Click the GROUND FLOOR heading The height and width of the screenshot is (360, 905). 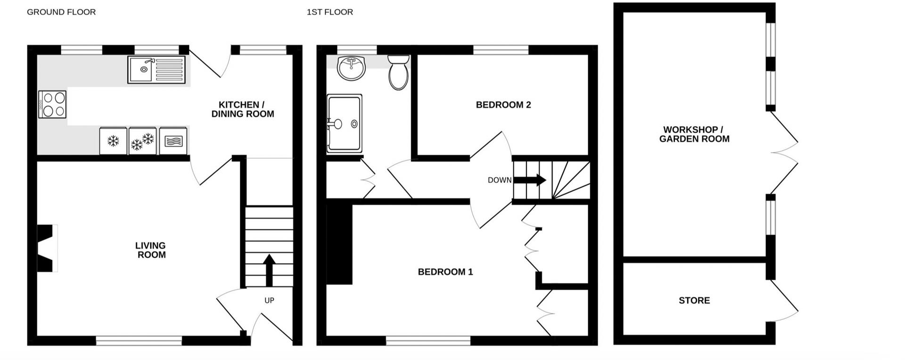(x=61, y=12)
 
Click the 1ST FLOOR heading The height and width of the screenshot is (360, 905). (x=329, y=12)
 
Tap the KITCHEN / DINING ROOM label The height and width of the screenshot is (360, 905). (x=242, y=109)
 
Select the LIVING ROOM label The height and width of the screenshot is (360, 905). (x=151, y=250)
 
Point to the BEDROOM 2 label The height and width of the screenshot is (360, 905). (x=503, y=105)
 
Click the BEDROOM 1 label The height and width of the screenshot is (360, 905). (x=445, y=272)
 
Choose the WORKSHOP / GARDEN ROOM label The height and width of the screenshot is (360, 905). (x=694, y=134)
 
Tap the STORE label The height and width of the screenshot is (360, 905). (x=694, y=301)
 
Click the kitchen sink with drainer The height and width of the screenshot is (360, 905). (x=156, y=70)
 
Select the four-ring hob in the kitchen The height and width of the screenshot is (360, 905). (x=53, y=104)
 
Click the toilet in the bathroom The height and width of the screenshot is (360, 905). (x=398, y=73)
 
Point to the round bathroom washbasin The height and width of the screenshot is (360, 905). (x=351, y=69)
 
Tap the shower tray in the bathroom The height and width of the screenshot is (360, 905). (x=345, y=124)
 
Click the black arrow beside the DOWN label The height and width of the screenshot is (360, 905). (x=530, y=180)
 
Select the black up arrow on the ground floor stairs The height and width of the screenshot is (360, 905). (x=269, y=269)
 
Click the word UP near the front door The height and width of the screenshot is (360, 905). (x=269, y=301)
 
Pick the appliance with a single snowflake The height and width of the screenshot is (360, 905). (x=113, y=141)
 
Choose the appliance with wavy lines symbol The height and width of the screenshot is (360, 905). (x=173, y=141)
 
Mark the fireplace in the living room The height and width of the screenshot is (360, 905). (x=46, y=248)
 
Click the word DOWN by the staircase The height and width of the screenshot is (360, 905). (x=499, y=180)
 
